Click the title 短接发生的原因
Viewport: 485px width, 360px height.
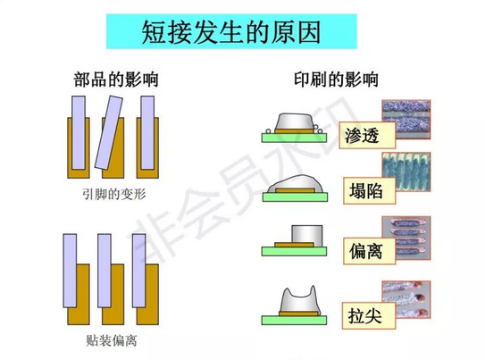coord(231,32)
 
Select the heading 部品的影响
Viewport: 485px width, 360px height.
coord(116,80)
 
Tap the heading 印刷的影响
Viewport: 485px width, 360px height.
coord(336,80)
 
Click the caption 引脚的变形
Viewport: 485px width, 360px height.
coord(114,194)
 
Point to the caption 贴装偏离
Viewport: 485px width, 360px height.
coord(112,340)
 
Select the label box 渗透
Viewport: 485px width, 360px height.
coord(367,135)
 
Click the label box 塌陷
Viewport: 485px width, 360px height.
coord(369,190)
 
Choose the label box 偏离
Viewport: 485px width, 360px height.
coord(369,251)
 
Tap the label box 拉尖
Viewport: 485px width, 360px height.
coord(369,315)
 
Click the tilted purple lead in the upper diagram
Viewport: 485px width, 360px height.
coord(109,133)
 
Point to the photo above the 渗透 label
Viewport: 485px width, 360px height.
coord(406,119)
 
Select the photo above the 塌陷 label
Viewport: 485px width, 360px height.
coord(406,172)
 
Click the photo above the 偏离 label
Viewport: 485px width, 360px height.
coord(406,239)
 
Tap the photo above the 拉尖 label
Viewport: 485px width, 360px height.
coord(406,299)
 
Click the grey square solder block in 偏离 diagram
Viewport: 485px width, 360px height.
coord(307,236)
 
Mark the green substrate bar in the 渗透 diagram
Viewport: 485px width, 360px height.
coord(294,138)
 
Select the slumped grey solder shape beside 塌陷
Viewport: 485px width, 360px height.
coord(295,184)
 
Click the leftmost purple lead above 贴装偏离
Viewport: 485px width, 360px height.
coord(70,271)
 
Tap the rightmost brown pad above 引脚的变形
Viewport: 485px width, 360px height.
coord(148,147)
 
